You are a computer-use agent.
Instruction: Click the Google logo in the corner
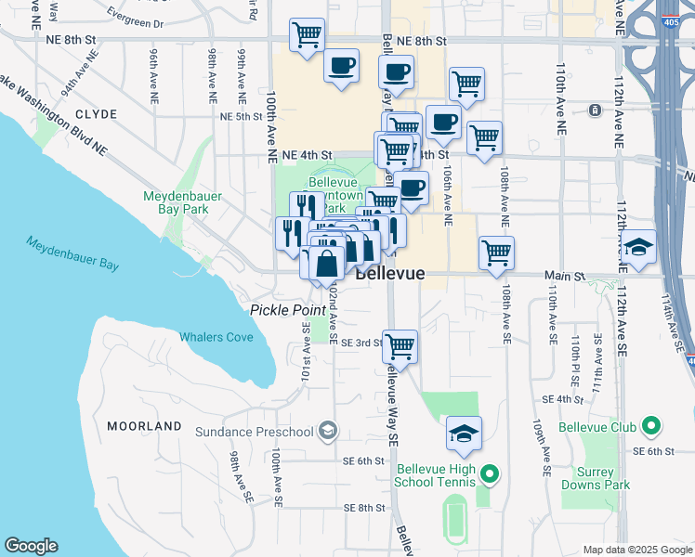[x=31, y=546]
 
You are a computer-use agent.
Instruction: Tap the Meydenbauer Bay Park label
[x=177, y=202]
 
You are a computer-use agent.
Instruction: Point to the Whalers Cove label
[x=216, y=337]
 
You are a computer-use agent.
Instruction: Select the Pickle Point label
[x=280, y=308]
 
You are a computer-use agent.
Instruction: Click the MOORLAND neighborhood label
[x=144, y=426]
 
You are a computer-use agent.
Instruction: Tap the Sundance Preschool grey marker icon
[x=326, y=431]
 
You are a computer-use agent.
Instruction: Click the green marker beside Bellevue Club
[x=651, y=427]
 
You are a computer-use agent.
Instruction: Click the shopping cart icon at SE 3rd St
[x=400, y=346]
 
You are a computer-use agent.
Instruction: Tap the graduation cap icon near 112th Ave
[x=638, y=247]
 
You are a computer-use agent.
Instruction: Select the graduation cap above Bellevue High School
[x=464, y=433]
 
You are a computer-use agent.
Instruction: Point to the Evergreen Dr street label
[x=135, y=22]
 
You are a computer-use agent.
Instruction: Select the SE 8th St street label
[x=363, y=508]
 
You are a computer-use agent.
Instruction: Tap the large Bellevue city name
[x=389, y=274]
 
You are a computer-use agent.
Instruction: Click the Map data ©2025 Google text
[x=637, y=550]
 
